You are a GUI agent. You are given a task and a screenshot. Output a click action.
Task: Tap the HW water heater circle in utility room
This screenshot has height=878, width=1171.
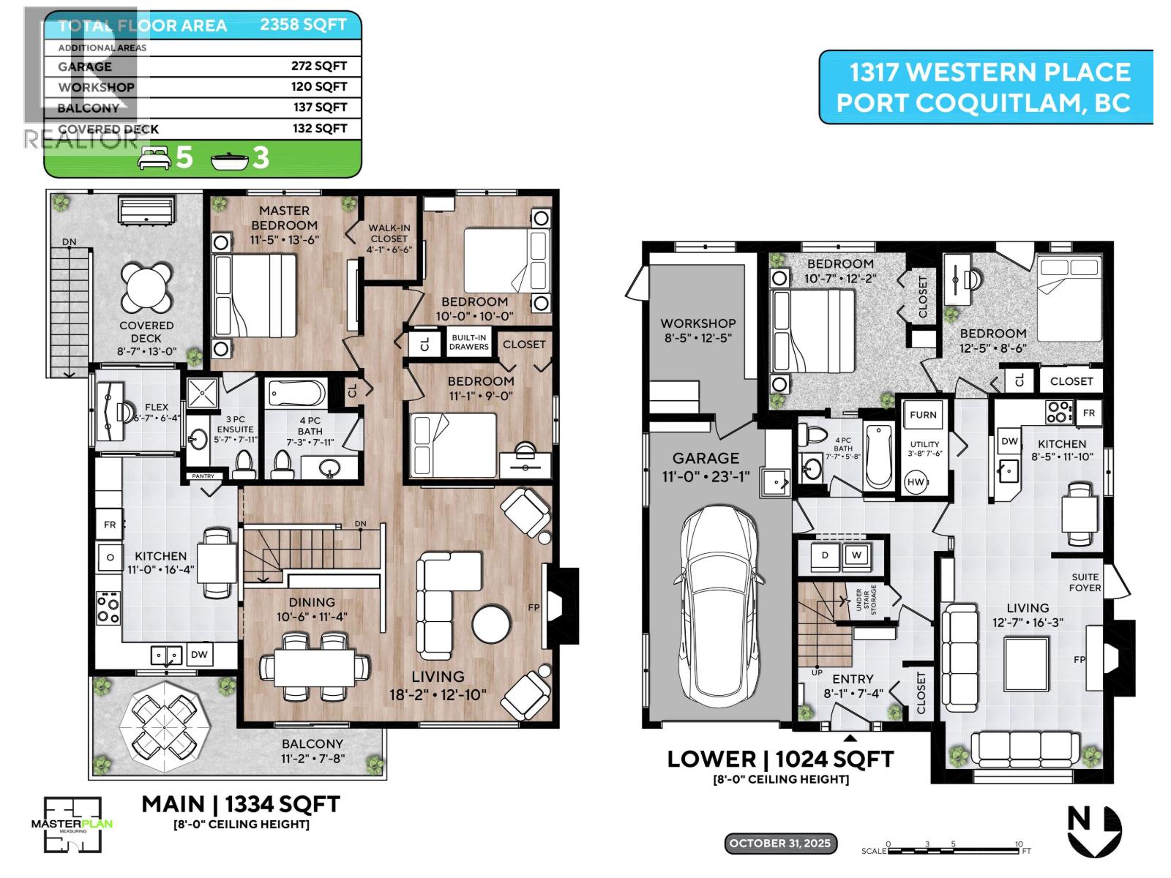pos(916,482)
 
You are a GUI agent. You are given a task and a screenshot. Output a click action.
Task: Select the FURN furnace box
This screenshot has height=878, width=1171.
pos(923,415)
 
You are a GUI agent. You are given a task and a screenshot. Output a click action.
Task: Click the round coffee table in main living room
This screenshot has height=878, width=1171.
pos(491,624)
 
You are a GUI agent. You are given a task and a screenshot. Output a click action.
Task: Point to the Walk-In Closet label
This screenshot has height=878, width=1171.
pos(389,239)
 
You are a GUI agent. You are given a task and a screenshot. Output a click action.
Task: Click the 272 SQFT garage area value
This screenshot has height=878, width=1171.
pos(318,66)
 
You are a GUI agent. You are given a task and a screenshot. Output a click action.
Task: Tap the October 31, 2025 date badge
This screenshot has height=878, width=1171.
pos(779,843)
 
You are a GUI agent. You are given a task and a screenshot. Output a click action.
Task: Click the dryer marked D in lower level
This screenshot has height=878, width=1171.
pos(825,555)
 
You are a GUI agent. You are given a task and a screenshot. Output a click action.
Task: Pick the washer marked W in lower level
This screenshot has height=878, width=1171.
pos(856,555)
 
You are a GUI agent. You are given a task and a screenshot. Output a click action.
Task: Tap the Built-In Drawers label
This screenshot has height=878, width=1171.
pos(468,342)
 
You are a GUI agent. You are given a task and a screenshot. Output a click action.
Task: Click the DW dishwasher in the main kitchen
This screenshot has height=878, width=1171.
pos(199,654)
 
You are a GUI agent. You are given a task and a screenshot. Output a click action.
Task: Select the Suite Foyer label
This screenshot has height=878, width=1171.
pos(1085,582)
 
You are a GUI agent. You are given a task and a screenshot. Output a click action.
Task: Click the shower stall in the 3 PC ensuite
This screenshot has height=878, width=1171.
pos(202,394)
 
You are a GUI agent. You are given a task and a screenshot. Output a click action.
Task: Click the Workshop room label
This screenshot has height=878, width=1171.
pos(697,330)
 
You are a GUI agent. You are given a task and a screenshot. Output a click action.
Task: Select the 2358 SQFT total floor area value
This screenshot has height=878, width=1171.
pos(303,24)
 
